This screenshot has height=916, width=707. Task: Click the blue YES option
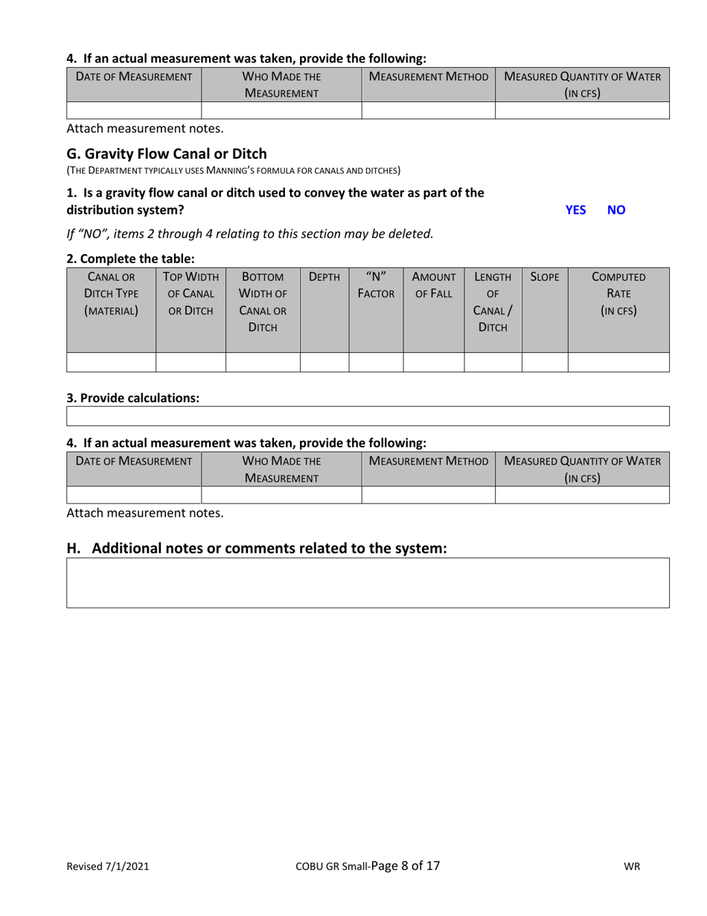click(x=575, y=210)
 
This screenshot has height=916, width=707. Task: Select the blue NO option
click(x=616, y=210)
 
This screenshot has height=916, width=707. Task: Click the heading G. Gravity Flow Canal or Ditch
click(x=167, y=154)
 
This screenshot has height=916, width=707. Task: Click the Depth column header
click(x=324, y=277)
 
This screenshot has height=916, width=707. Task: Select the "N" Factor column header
click(x=376, y=284)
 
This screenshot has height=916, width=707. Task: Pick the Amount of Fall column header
click(x=433, y=284)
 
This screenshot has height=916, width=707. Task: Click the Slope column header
click(x=545, y=277)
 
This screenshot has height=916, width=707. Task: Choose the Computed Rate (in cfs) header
click(x=618, y=293)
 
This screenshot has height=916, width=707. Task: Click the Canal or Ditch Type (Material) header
click(x=111, y=293)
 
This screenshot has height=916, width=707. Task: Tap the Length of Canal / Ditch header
click(x=493, y=301)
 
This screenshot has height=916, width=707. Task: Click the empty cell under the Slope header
click(x=545, y=362)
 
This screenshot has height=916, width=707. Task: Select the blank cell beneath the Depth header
click(x=324, y=362)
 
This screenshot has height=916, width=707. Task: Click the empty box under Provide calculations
click(x=368, y=416)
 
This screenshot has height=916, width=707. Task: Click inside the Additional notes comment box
click(x=368, y=582)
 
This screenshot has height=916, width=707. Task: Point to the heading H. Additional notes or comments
click(x=257, y=549)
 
